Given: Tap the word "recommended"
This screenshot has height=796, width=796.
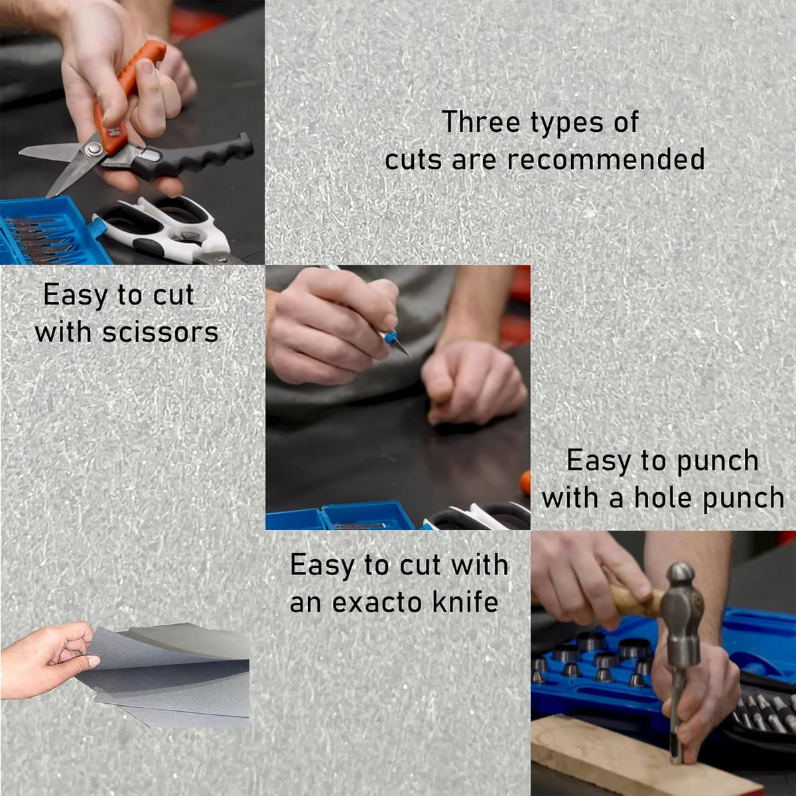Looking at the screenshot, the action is (x=606, y=159).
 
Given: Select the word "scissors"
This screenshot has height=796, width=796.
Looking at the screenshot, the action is (x=161, y=332).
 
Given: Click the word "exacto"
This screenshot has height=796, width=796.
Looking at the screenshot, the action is (x=377, y=603).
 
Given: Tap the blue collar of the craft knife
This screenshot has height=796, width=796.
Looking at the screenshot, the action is (x=389, y=336).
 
